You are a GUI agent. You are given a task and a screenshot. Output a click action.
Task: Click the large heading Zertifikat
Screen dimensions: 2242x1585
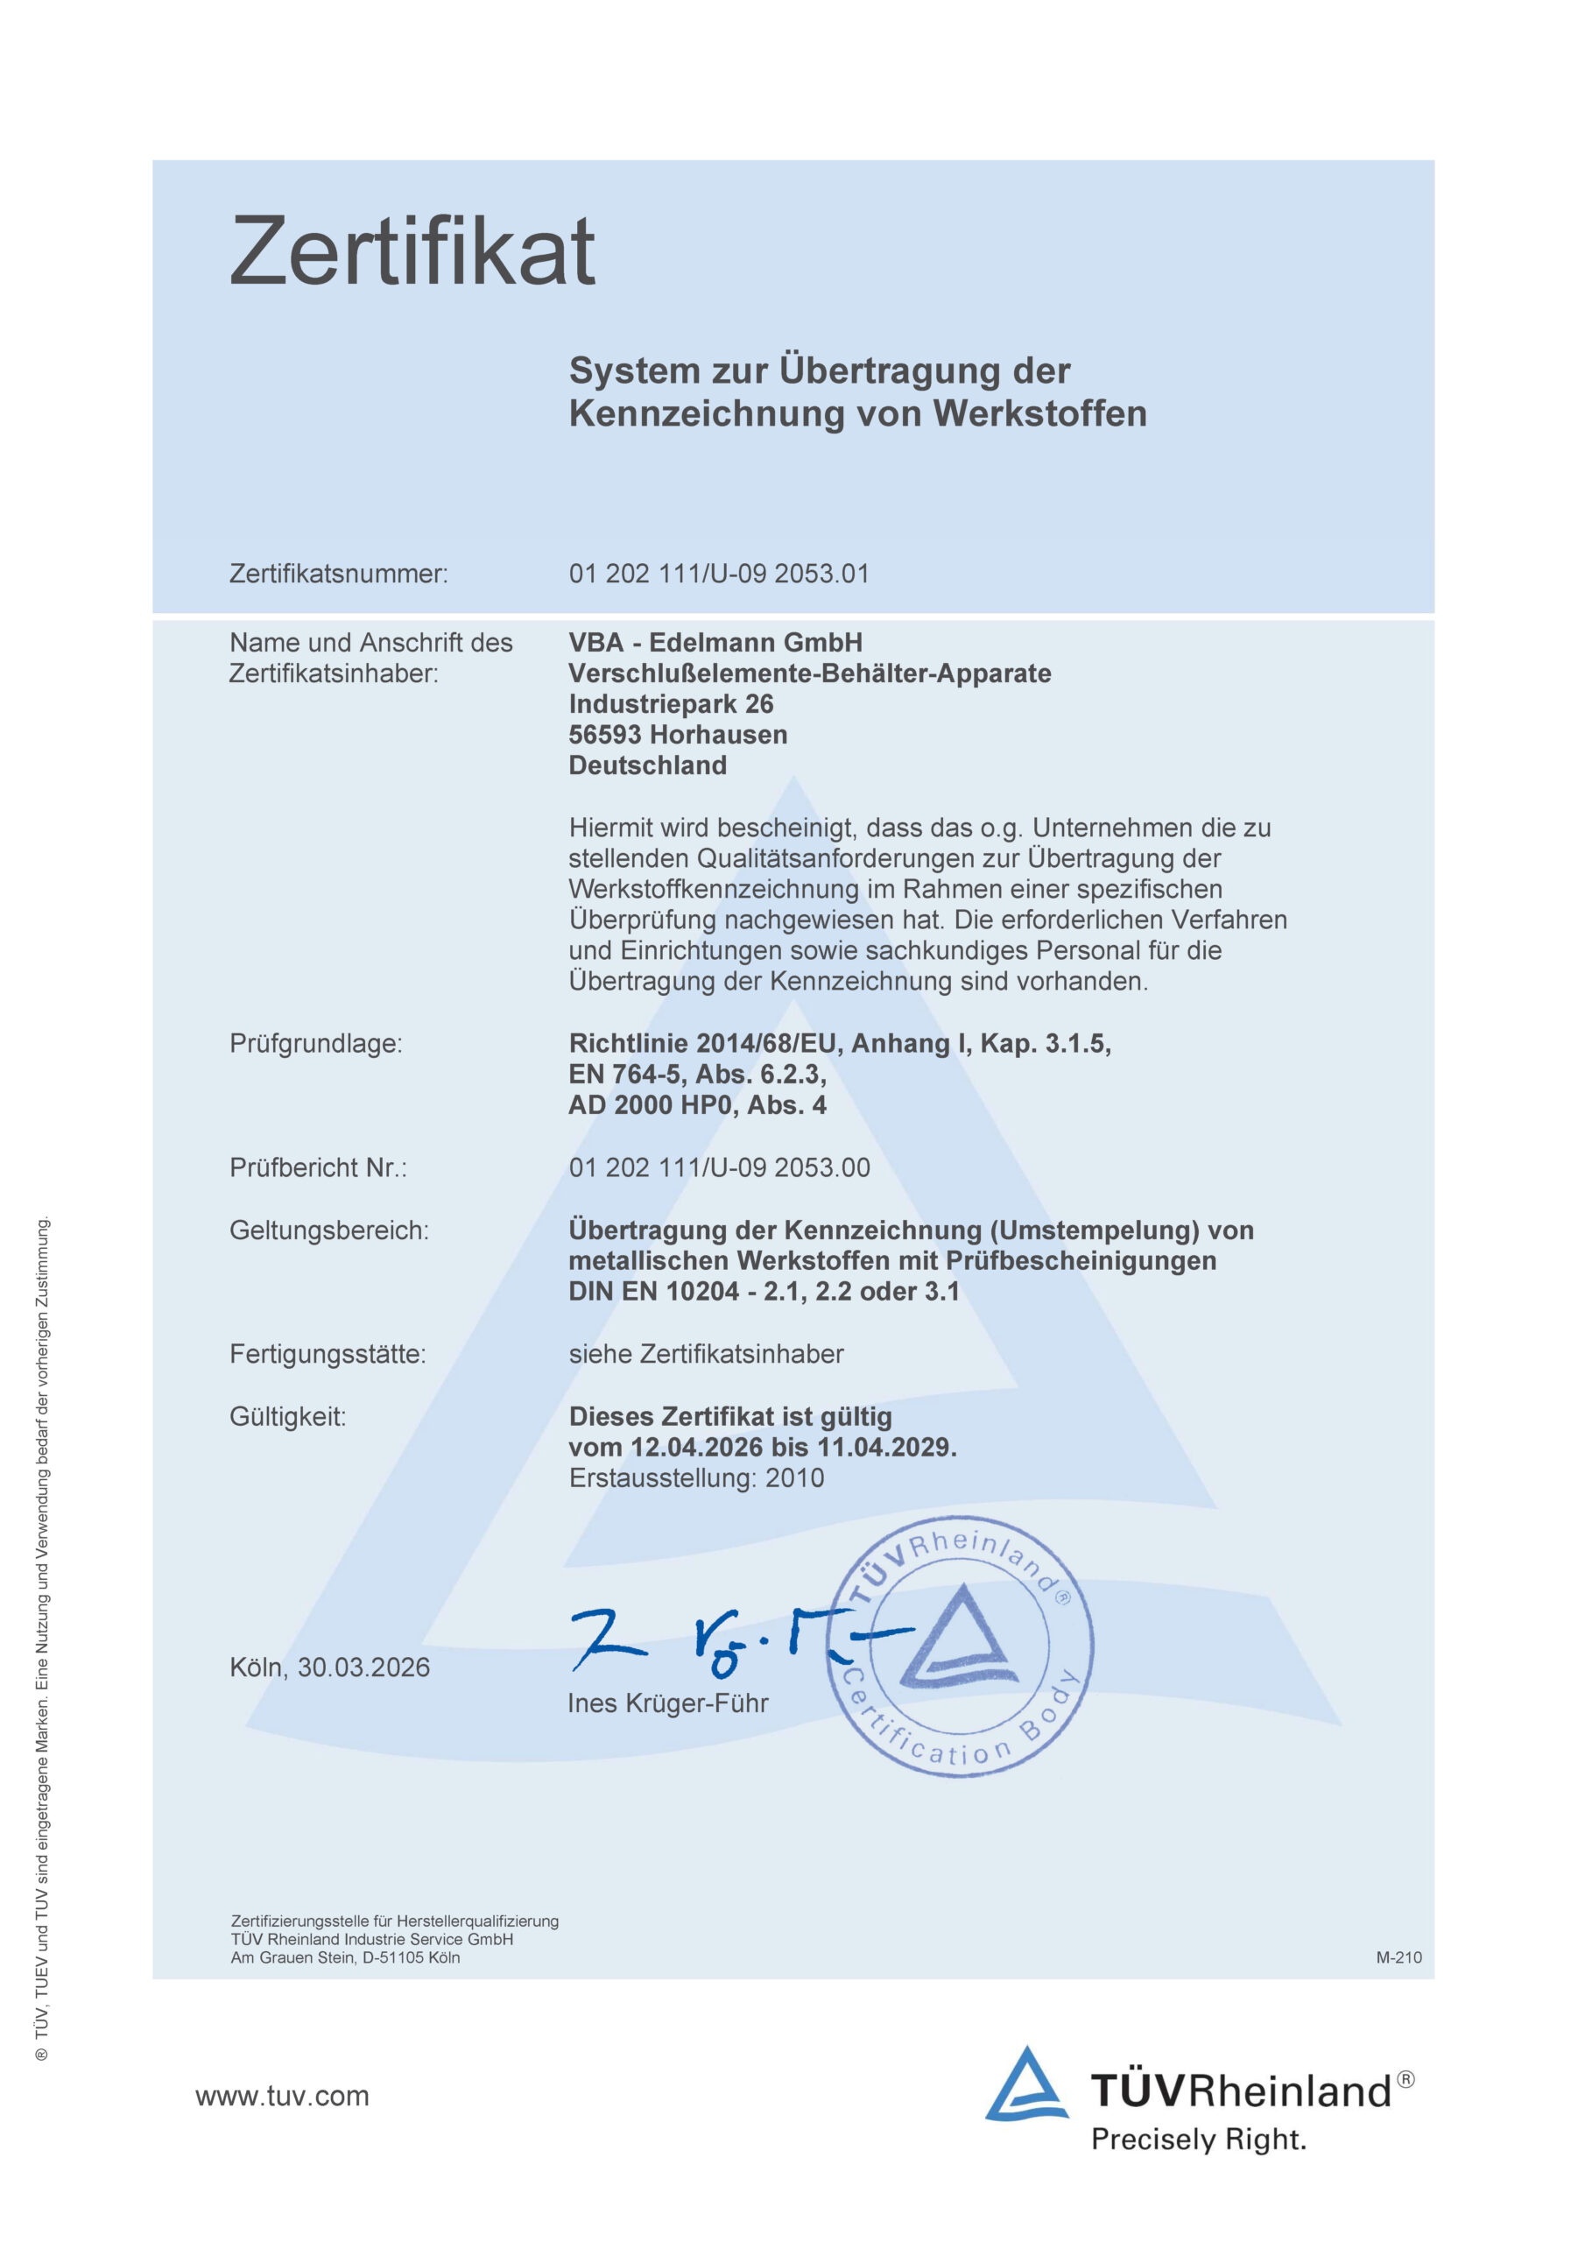(x=412, y=252)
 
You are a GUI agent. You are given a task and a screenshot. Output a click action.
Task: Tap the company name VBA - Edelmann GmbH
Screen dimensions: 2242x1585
(x=715, y=643)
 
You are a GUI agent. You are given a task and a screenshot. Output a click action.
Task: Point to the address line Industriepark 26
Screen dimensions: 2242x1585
(x=671, y=704)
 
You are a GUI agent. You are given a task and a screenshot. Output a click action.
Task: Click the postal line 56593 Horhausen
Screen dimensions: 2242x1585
(x=678, y=734)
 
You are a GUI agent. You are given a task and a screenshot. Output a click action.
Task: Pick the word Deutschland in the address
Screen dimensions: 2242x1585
(x=647, y=765)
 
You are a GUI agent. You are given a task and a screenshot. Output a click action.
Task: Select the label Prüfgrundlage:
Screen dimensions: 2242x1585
(x=315, y=1043)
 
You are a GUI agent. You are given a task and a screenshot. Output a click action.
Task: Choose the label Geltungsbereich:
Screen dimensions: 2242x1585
(x=329, y=1230)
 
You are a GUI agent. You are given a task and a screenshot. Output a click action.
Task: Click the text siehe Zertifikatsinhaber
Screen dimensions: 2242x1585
(x=706, y=1353)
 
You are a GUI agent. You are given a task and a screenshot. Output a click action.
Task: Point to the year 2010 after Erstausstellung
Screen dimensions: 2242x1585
(x=795, y=1477)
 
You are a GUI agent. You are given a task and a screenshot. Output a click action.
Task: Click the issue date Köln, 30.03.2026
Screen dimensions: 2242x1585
(x=329, y=1667)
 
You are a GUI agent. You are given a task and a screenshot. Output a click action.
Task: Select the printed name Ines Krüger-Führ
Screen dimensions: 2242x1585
(x=668, y=1703)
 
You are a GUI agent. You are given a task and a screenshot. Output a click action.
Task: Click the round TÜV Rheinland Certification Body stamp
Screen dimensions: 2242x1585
(x=960, y=1646)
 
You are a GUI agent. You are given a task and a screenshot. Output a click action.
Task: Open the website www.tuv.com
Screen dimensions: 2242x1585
(x=282, y=2096)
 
